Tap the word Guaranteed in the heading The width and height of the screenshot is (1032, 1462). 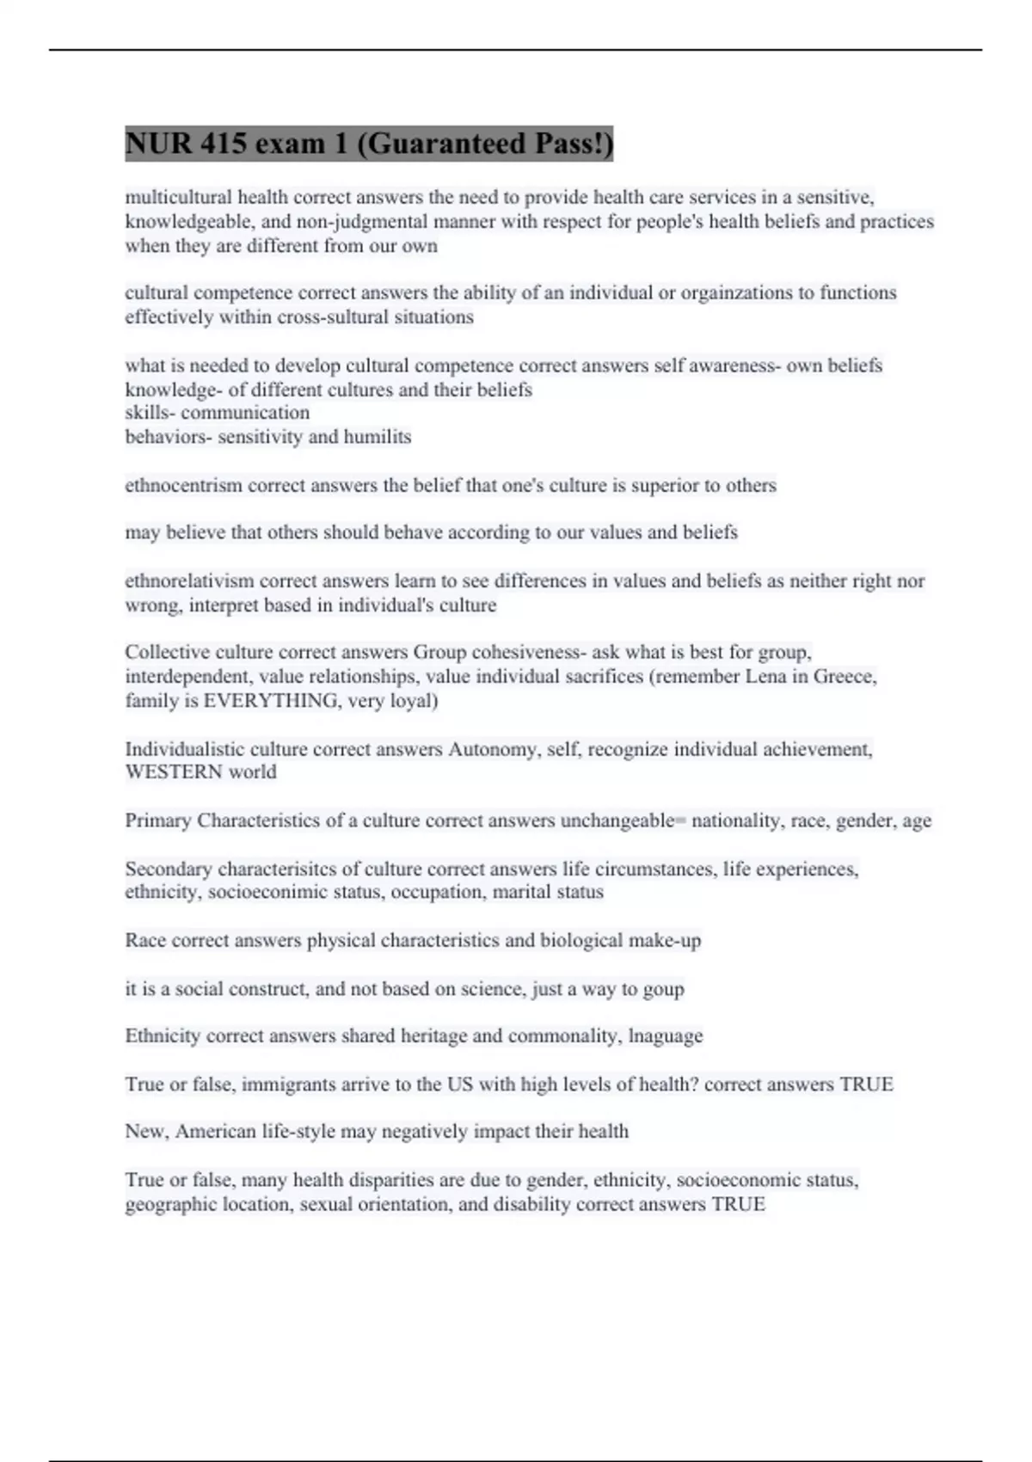point(440,143)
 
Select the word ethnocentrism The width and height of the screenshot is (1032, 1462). point(183,486)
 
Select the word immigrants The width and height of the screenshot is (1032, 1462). point(288,1084)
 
